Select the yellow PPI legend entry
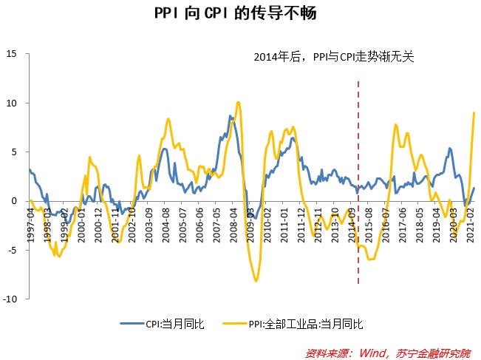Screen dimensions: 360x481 [x=296, y=324]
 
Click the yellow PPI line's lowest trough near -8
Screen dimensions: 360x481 [x=256, y=281]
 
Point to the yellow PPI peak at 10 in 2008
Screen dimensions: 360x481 [x=237, y=103]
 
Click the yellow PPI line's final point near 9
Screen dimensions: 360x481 [x=474, y=112]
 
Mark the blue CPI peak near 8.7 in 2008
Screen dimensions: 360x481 [x=230, y=116]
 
